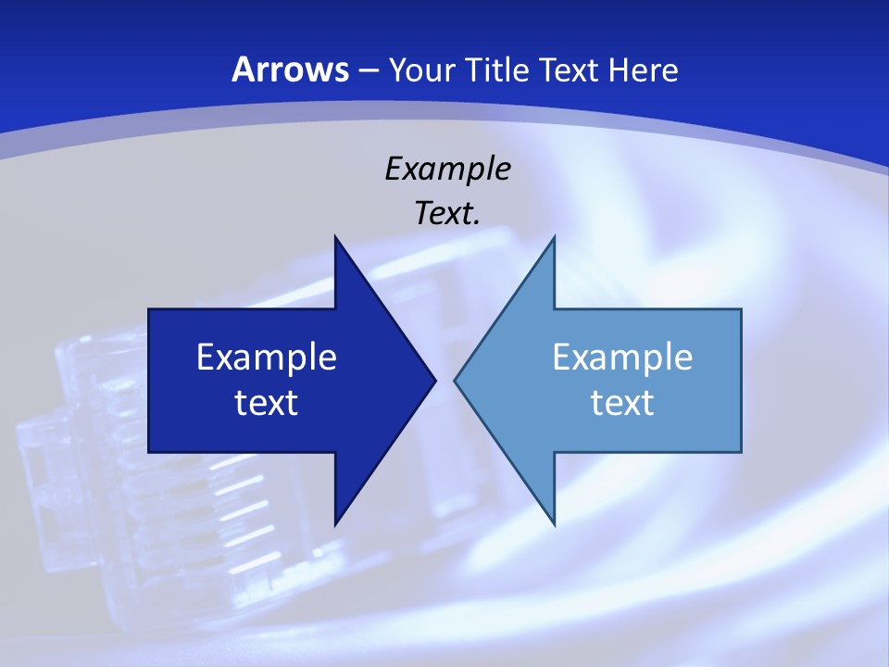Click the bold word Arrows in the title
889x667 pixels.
291,69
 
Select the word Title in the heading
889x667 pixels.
498,69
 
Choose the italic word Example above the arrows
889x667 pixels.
447,169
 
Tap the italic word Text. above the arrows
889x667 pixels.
447,213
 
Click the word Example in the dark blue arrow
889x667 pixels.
267,358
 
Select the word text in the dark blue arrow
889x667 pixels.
267,402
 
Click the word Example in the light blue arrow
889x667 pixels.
622,358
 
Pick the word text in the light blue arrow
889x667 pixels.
622,402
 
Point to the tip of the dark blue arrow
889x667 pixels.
434,380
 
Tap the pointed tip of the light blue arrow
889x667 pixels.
456,380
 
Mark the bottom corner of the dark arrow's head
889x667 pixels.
335,523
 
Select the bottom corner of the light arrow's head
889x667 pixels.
554,523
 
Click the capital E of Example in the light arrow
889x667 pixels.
561,358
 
